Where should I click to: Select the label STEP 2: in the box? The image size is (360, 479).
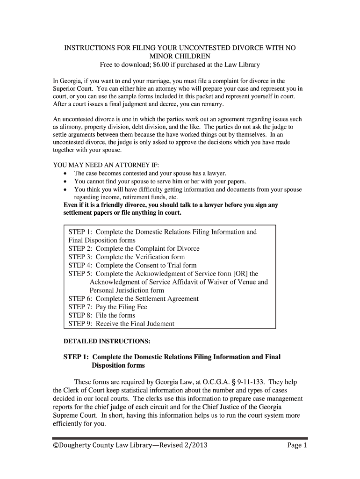click(80, 248)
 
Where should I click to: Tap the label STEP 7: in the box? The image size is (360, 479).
click(80, 307)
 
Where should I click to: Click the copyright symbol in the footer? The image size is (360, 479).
click(56, 445)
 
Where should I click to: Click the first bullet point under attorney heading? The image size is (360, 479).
click(65, 174)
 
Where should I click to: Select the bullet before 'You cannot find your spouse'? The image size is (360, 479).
click(65, 181)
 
